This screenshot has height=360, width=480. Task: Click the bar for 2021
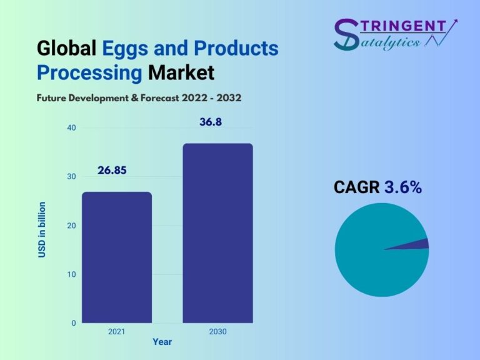click(x=117, y=257)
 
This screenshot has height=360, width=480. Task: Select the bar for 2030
click(x=217, y=233)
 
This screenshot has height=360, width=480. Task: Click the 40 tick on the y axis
click(x=72, y=128)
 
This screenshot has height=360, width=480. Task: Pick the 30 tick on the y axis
click(x=72, y=177)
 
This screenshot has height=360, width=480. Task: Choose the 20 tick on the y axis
click(x=72, y=226)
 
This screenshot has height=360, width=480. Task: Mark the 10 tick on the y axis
click(x=72, y=274)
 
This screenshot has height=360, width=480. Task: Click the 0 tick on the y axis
click(x=74, y=323)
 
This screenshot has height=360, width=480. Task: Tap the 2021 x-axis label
click(x=117, y=332)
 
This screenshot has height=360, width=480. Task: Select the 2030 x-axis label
click(x=217, y=332)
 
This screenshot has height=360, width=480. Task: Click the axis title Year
click(x=162, y=342)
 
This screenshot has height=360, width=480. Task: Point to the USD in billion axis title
click(x=42, y=230)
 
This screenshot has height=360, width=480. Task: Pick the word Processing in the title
click(x=89, y=73)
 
